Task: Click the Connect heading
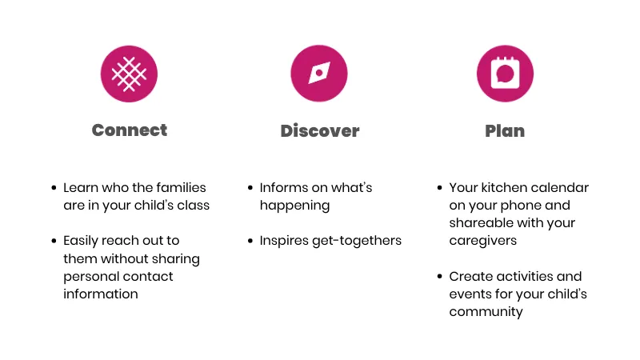tap(130, 130)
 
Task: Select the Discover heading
tap(319, 131)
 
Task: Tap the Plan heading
tap(505, 131)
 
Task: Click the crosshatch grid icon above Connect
tap(129, 74)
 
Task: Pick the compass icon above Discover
tap(319, 74)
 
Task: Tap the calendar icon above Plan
tap(505, 74)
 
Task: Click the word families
tap(181, 188)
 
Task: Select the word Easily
tap(81, 242)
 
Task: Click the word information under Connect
tap(101, 294)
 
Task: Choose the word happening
tap(294, 206)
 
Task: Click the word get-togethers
tap(357, 242)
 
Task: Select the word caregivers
tap(483, 242)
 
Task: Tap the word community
tap(486, 312)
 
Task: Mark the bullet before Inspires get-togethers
tap(250, 241)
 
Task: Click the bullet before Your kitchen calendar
tap(439, 188)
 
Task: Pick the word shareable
tap(477, 223)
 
